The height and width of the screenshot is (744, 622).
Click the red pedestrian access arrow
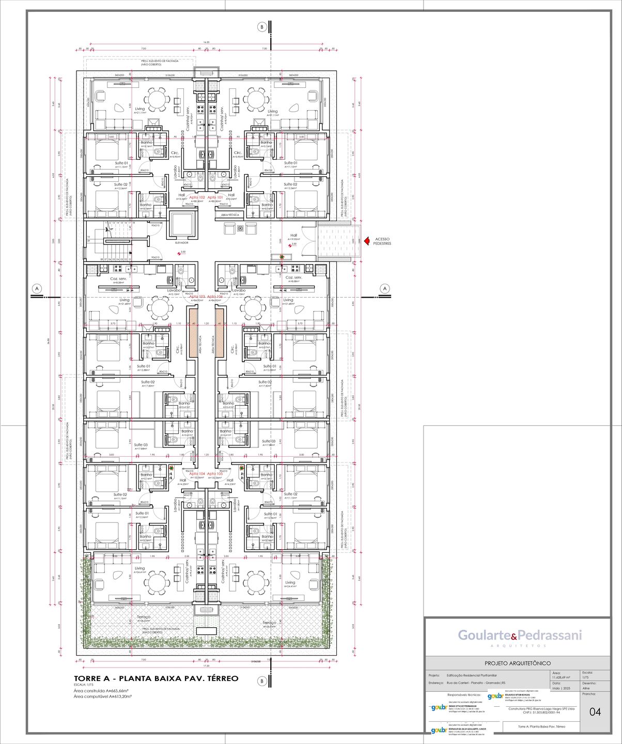coord(367,241)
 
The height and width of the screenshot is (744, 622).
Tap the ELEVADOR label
coord(181,242)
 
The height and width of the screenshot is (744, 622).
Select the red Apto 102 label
coord(197,197)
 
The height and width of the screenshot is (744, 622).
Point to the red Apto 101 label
coord(215,197)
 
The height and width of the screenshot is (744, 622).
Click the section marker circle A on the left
coord(37,288)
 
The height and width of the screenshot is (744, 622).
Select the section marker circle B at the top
coord(262,27)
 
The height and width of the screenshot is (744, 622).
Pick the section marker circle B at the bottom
coord(262,681)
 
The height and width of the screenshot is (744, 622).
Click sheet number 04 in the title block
coord(595,712)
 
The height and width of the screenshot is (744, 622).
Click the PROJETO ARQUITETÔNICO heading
coord(517,663)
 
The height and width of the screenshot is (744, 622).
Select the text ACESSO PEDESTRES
coord(382,241)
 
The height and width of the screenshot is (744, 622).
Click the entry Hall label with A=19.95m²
coord(293,236)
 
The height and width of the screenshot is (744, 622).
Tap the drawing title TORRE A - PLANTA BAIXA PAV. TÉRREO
coord(156,678)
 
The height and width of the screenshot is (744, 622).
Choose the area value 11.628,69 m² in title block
coord(561,677)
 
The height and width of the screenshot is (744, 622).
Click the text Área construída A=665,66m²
coord(101,690)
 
